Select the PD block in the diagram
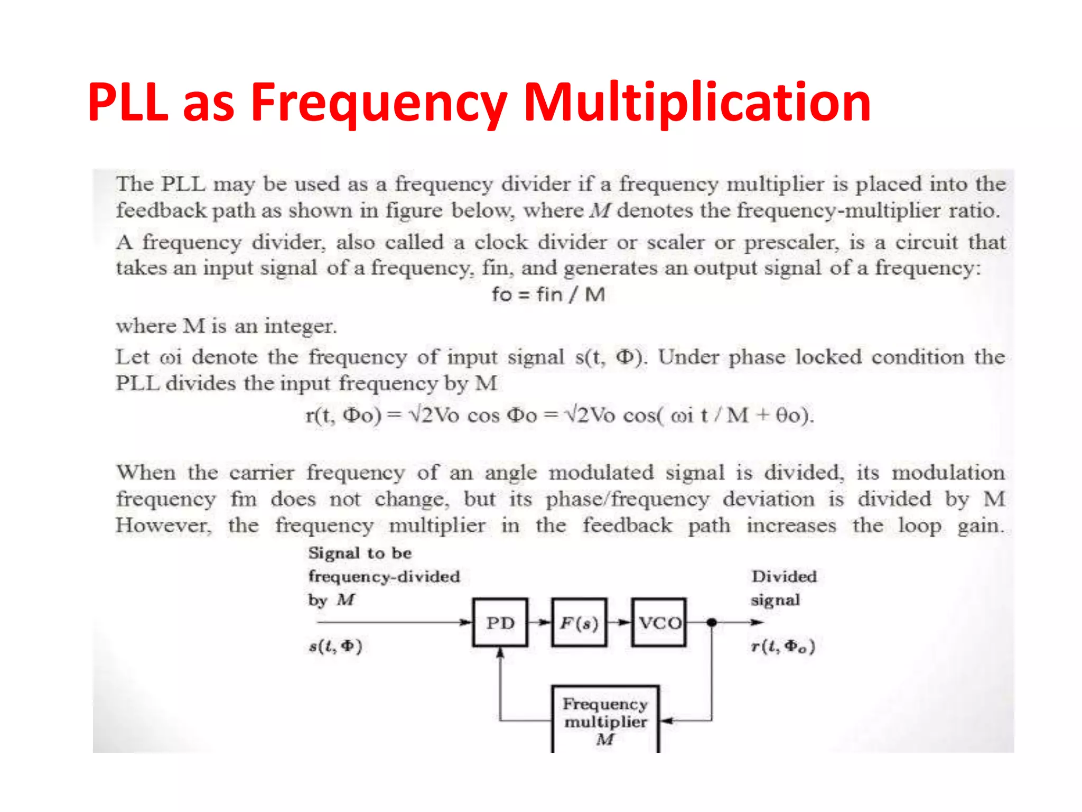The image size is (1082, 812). pos(500,622)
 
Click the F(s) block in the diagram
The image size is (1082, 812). pos(579,622)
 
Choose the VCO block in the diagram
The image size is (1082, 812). pos(659,622)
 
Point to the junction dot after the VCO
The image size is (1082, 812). pos(712,622)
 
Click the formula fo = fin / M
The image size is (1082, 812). pos(548,294)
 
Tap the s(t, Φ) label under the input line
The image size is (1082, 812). pos(335,646)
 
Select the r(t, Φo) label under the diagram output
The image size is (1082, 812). pos(783,646)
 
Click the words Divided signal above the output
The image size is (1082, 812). pos(783,588)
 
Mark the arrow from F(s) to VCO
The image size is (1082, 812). pos(623,622)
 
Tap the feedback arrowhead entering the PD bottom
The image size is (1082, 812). pos(500,653)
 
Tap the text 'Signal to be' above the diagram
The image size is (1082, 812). pos(360,553)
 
